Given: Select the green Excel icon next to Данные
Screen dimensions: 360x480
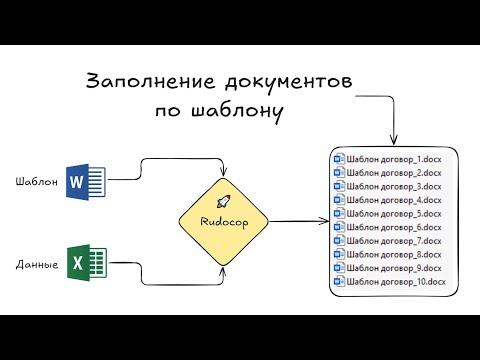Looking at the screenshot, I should pyautogui.click(x=79, y=264).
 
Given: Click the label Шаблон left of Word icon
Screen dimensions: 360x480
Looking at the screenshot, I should pyautogui.click(x=36, y=182).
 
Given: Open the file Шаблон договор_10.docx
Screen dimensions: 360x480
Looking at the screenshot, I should pyautogui.click(x=394, y=282).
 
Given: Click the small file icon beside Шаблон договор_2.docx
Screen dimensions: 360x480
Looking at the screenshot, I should pyautogui.click(x=339, y=173).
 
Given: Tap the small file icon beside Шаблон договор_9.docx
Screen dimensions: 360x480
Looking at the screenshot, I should pyautogui.click(x=339, y=269).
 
